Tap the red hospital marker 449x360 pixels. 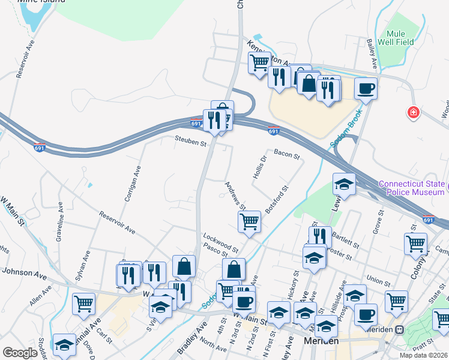click(413, 112)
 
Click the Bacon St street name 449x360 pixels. click(286, 155)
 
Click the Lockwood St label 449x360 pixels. click(221, 238)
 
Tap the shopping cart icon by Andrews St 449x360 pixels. click(249, 221)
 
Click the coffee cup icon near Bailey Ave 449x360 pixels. click(366, 89)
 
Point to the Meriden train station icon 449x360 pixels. click(398, 329)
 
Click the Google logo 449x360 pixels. click(20, 352)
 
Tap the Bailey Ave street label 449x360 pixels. click(372, 54)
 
